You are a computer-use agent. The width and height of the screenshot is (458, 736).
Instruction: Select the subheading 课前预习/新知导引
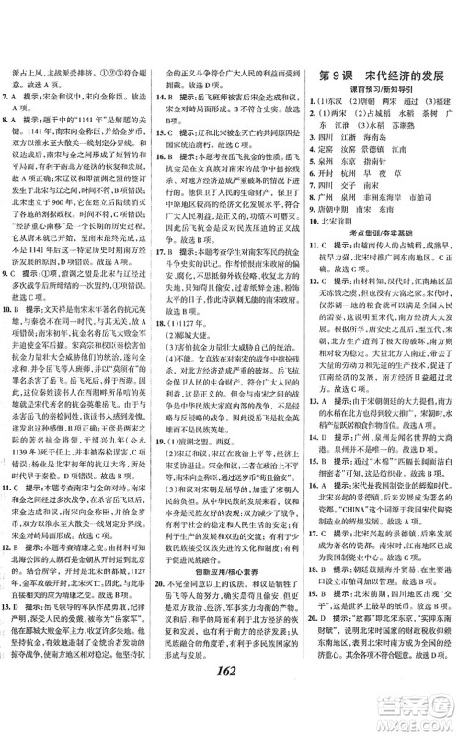[x=381, y=90]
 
